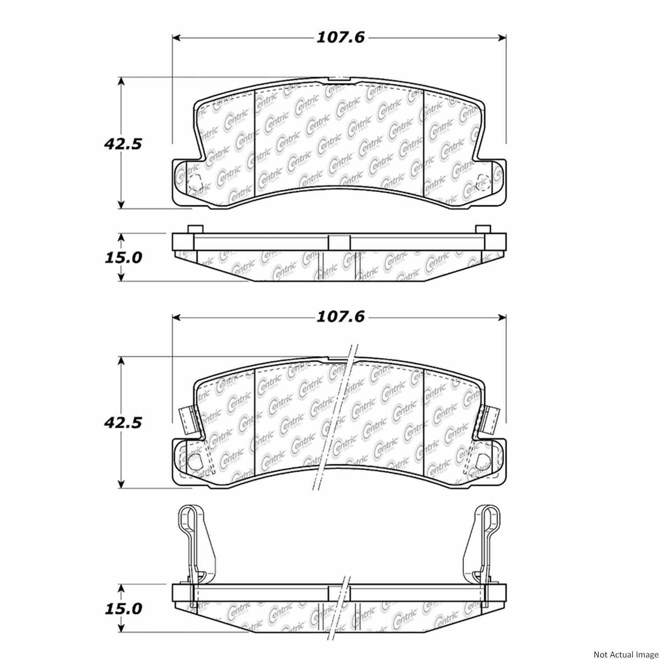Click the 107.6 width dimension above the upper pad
click(341, 38)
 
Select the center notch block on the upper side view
click(339, 242)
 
